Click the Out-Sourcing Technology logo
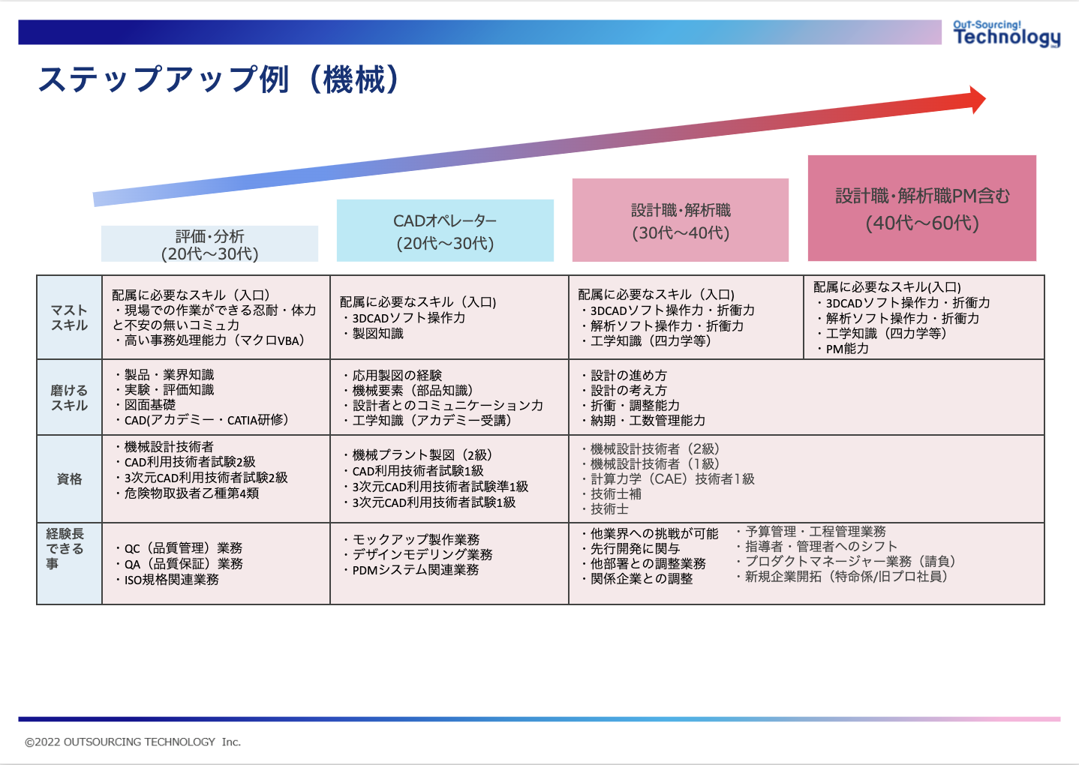pos(1005,34)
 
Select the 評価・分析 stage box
pos(209,244)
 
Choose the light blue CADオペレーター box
pos(445,231)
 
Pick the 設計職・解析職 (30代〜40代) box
pos(681,220)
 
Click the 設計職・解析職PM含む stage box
pos(921,208)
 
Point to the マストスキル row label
pos(69,317)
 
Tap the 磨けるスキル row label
pos(69,397)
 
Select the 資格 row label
pos(69,478)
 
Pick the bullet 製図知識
pos(377,333)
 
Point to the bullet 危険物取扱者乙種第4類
pos(191,493)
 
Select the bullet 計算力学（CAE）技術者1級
pos(672,478)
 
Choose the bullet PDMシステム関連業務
pos(415,570)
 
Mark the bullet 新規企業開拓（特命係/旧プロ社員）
pos(846,576)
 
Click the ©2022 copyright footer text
pos(133,742)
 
